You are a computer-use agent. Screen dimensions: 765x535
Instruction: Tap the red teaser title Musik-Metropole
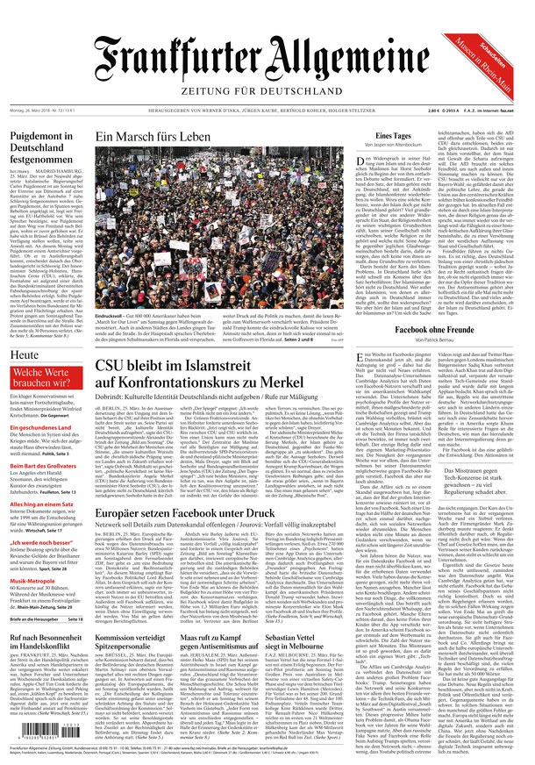tap(34, 582)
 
